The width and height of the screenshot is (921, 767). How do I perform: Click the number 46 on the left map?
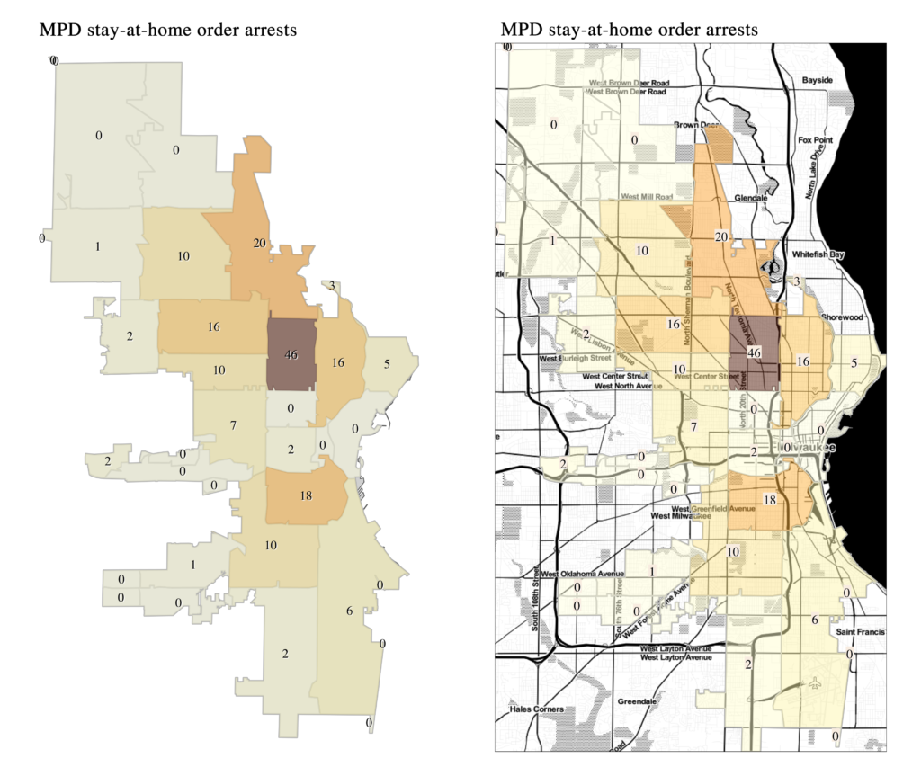(291, 355)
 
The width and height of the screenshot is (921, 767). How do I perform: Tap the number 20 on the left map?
(259, 244)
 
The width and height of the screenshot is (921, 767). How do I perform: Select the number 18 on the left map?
(305, 495)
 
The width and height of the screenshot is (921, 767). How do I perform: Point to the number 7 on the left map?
(233, 424)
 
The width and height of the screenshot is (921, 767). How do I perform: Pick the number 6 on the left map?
(348, 611)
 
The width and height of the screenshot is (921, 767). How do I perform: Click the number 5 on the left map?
(387, 364)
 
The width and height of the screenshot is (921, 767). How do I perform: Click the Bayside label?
(818, 80)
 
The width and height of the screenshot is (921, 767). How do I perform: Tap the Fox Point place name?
(816, 140)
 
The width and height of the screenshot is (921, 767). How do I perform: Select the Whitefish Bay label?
(818, 254)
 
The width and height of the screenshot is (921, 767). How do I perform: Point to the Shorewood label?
(842, 317)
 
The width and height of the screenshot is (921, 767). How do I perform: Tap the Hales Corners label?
(536, 709)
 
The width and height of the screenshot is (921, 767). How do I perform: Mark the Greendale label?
(639, 701)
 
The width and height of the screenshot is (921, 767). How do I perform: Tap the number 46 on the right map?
(756, 353)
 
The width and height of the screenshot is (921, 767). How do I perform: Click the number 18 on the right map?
(770, 500)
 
